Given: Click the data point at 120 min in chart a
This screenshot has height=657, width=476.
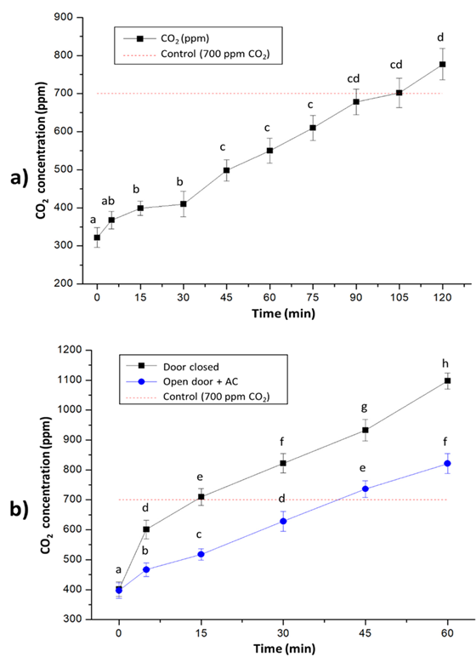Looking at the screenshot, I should pyautogui.click(x=442, y=65).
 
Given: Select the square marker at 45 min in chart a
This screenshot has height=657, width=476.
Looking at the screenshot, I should pyautogui.click(x=226, y=169).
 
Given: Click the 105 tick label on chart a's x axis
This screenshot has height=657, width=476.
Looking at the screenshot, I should pyautogui.click(x=399, y=299).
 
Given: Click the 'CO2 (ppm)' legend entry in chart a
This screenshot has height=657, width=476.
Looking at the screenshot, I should pyautogui.click(x=179, y=37).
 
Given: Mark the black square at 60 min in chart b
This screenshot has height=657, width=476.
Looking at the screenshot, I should pyautogui.click(x=446, y=380).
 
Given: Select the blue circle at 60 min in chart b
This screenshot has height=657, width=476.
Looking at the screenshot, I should pyautogui.click(x=446, y=464).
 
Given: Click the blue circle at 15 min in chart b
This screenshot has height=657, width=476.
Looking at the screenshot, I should pyautogui.click(x=201, y=554).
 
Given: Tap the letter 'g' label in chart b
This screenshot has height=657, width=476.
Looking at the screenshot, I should pyautogui.click(x=365, y=407).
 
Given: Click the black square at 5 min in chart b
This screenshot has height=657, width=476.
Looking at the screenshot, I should pyautogui.click(x=146, y=529).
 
